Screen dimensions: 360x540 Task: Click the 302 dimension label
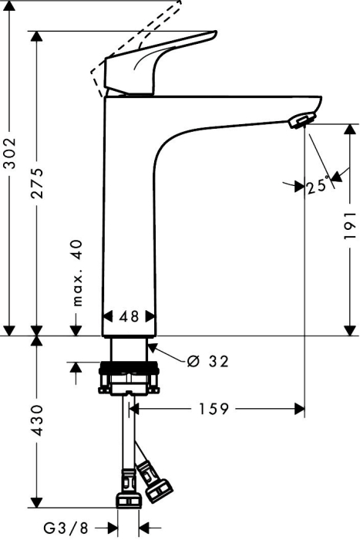tap(10, 153)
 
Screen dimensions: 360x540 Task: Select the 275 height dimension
tap(36, 183)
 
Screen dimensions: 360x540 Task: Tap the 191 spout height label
tap(350, 225)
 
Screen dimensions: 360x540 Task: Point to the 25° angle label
tap(318, 186)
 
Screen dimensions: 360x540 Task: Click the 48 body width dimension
tap(129, 316)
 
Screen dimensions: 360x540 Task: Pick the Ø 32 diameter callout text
tap(207, 361)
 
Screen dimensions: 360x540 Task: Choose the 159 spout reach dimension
tap(214, 409)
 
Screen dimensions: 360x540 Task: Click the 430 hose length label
tap(36, 420)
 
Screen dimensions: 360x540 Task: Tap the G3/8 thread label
tap(66, 528)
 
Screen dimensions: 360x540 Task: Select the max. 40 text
tap(78, 273)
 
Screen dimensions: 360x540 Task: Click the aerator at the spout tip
tap(302, 120)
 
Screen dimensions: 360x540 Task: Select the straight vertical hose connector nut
tap(128, 488)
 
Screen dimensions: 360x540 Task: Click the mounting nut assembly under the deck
tap(129, 378)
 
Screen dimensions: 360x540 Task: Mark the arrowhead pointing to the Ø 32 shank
tap(153, 347)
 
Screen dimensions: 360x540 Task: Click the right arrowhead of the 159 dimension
tap(299, 409)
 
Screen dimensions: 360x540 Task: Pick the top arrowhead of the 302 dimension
tap(10, 6)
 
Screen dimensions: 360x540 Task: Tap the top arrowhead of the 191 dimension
tap(350, 130)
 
